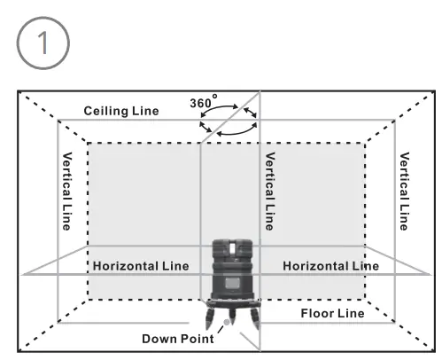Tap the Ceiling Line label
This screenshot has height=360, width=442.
coord(121,111)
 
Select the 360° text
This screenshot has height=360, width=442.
coord(202,104)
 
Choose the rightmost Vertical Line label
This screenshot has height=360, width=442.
coord(404,191)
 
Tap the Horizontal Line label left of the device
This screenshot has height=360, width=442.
coord(141,265)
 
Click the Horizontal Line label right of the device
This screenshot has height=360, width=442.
coord(330,265)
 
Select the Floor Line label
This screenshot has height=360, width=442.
coord(332,313)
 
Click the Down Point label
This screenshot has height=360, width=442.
coord(176,339)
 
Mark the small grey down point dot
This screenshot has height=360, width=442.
coord(227,323)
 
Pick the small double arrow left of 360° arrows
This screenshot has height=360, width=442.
coord(205,127)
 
